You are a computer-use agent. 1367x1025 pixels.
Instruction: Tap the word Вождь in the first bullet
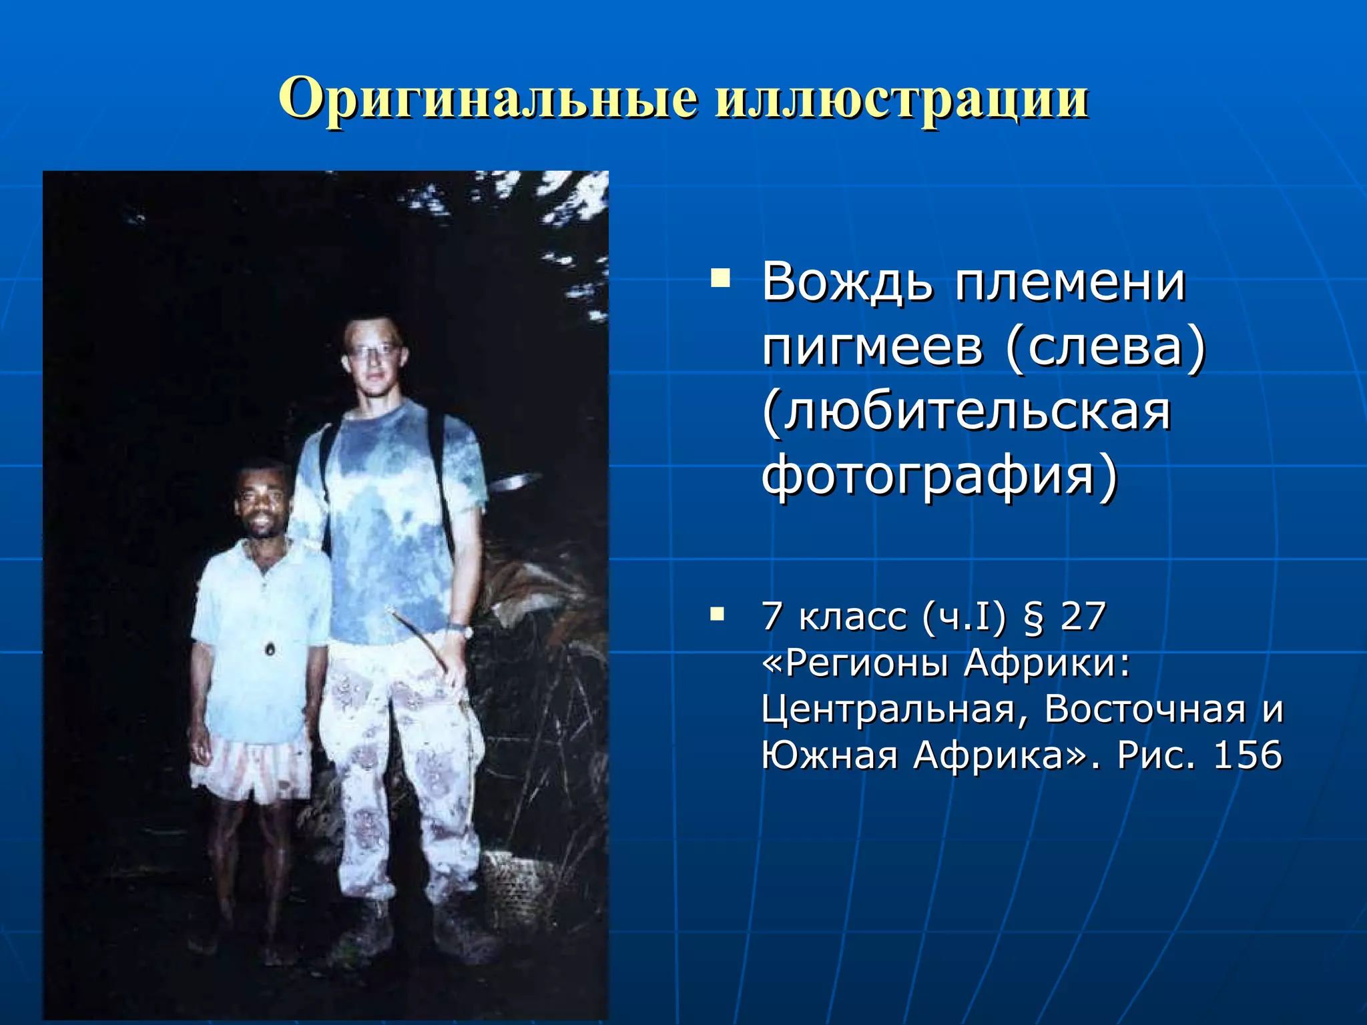(x=847, y=283)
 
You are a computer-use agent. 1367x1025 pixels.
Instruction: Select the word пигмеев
(x=872, y=348)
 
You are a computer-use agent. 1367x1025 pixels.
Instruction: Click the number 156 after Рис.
(x=1248, y=755)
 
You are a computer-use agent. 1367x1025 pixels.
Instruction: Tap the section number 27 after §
(x=1083, y=616)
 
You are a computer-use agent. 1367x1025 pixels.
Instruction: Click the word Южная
(x=829, y=755)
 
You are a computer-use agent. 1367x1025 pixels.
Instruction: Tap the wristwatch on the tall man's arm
(x=460, y=629)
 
